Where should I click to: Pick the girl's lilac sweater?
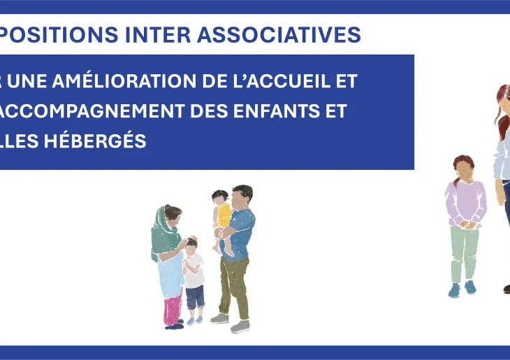point(465,201)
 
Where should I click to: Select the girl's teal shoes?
point(462,288)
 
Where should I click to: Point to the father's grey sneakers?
point(230,321)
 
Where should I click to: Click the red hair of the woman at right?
point(502,105)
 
